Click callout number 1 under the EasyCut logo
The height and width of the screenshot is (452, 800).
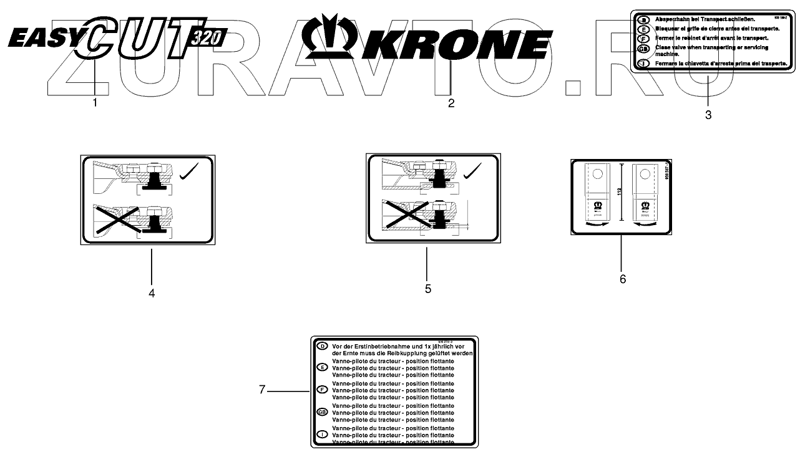[x=95, y=103]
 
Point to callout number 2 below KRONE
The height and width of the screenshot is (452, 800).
[x=451, y=103]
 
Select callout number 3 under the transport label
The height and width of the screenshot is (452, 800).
[x=708, y=115]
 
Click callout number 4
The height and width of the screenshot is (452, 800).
[x=152, y=292]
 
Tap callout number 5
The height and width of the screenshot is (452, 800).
[x=427, y=289]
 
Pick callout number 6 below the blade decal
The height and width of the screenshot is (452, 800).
[x=622, y=279]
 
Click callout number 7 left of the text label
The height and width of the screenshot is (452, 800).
[x=263, y=390]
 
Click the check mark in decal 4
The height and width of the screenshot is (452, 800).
[x=190, y=173]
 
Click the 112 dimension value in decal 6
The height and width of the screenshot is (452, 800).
[x=620, y=191]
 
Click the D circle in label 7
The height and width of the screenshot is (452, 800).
[x=323, y=346]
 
